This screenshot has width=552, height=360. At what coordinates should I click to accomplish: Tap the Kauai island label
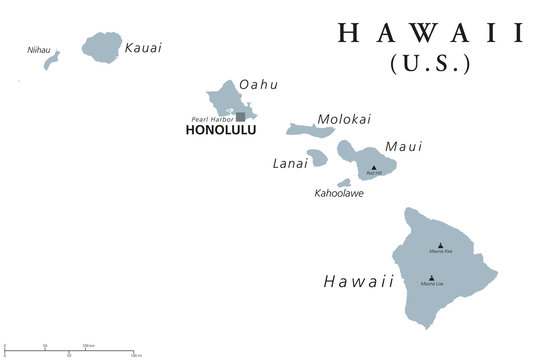pyautogui.click(x=142, y=47)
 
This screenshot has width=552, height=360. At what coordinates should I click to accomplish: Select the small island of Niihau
pyautogui.click(x=51, y=62)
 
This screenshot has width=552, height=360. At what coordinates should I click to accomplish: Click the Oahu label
pyautogui.click(x=259, y=84)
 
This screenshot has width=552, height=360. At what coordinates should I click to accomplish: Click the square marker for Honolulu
pyautogui.click(x=240, y=117)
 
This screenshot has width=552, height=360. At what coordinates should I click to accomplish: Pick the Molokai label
pyautogui.click(x=343, y=119)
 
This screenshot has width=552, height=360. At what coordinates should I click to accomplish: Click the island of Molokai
pyautogui.click(x=310, y=130)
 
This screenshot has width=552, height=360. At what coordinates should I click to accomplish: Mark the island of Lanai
pyautogui.click(x=317, y=158)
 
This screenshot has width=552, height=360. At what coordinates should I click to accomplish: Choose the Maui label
pyautogui.click(x=403, y=146)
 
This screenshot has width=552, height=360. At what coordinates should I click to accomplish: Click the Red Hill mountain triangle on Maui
pyautogui.click(x=374, y=167)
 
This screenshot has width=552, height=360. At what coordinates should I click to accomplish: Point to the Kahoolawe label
pyautogui.click(x=339, y=193)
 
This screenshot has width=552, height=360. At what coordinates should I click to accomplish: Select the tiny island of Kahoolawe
pyautogui.click(x=344, y=182)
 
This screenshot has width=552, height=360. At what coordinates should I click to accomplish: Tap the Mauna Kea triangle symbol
pyautogui.click(x=440, y=244)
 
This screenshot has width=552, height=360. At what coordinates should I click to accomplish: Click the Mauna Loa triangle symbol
pyautogui.click(x=431, y=278)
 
